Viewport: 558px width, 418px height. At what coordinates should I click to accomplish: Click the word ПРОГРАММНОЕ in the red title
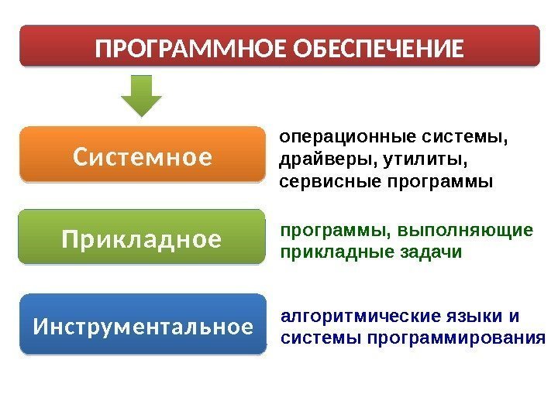[186, 50]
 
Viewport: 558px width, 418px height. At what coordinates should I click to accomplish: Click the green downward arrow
[143, 94]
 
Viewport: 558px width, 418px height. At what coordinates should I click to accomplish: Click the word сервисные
[319, 183]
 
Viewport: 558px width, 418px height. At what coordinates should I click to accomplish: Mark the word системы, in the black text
[465, 139]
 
